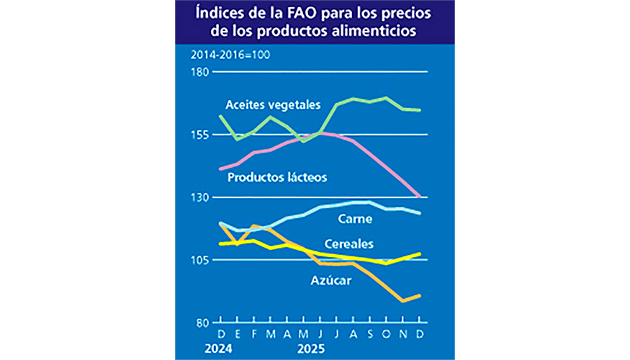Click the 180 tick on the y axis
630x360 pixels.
pyautogui.click(x=201, y=72)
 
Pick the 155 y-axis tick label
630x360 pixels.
pyautogui.click(x=201, y=135)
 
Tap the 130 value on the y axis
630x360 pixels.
pyautogui.click(x=201, y=197)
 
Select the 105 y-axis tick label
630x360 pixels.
pyautogui.click(x=201, y=260)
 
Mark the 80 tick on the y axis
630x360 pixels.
pyautogui.click(x=203, y=323)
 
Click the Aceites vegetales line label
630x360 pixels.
pyautogui.click(x=272, y=104)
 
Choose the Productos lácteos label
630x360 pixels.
pyautogui.click(x=277, y=176)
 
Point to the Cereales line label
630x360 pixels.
pyautogui.click(x=348, y=243)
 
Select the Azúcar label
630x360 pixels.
pyautogui.click(x=330, y=281)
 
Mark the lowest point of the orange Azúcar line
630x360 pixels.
pyautogui.click(x=403, y=300)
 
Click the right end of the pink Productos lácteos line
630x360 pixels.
pyautogui.click(x=420, y=196)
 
